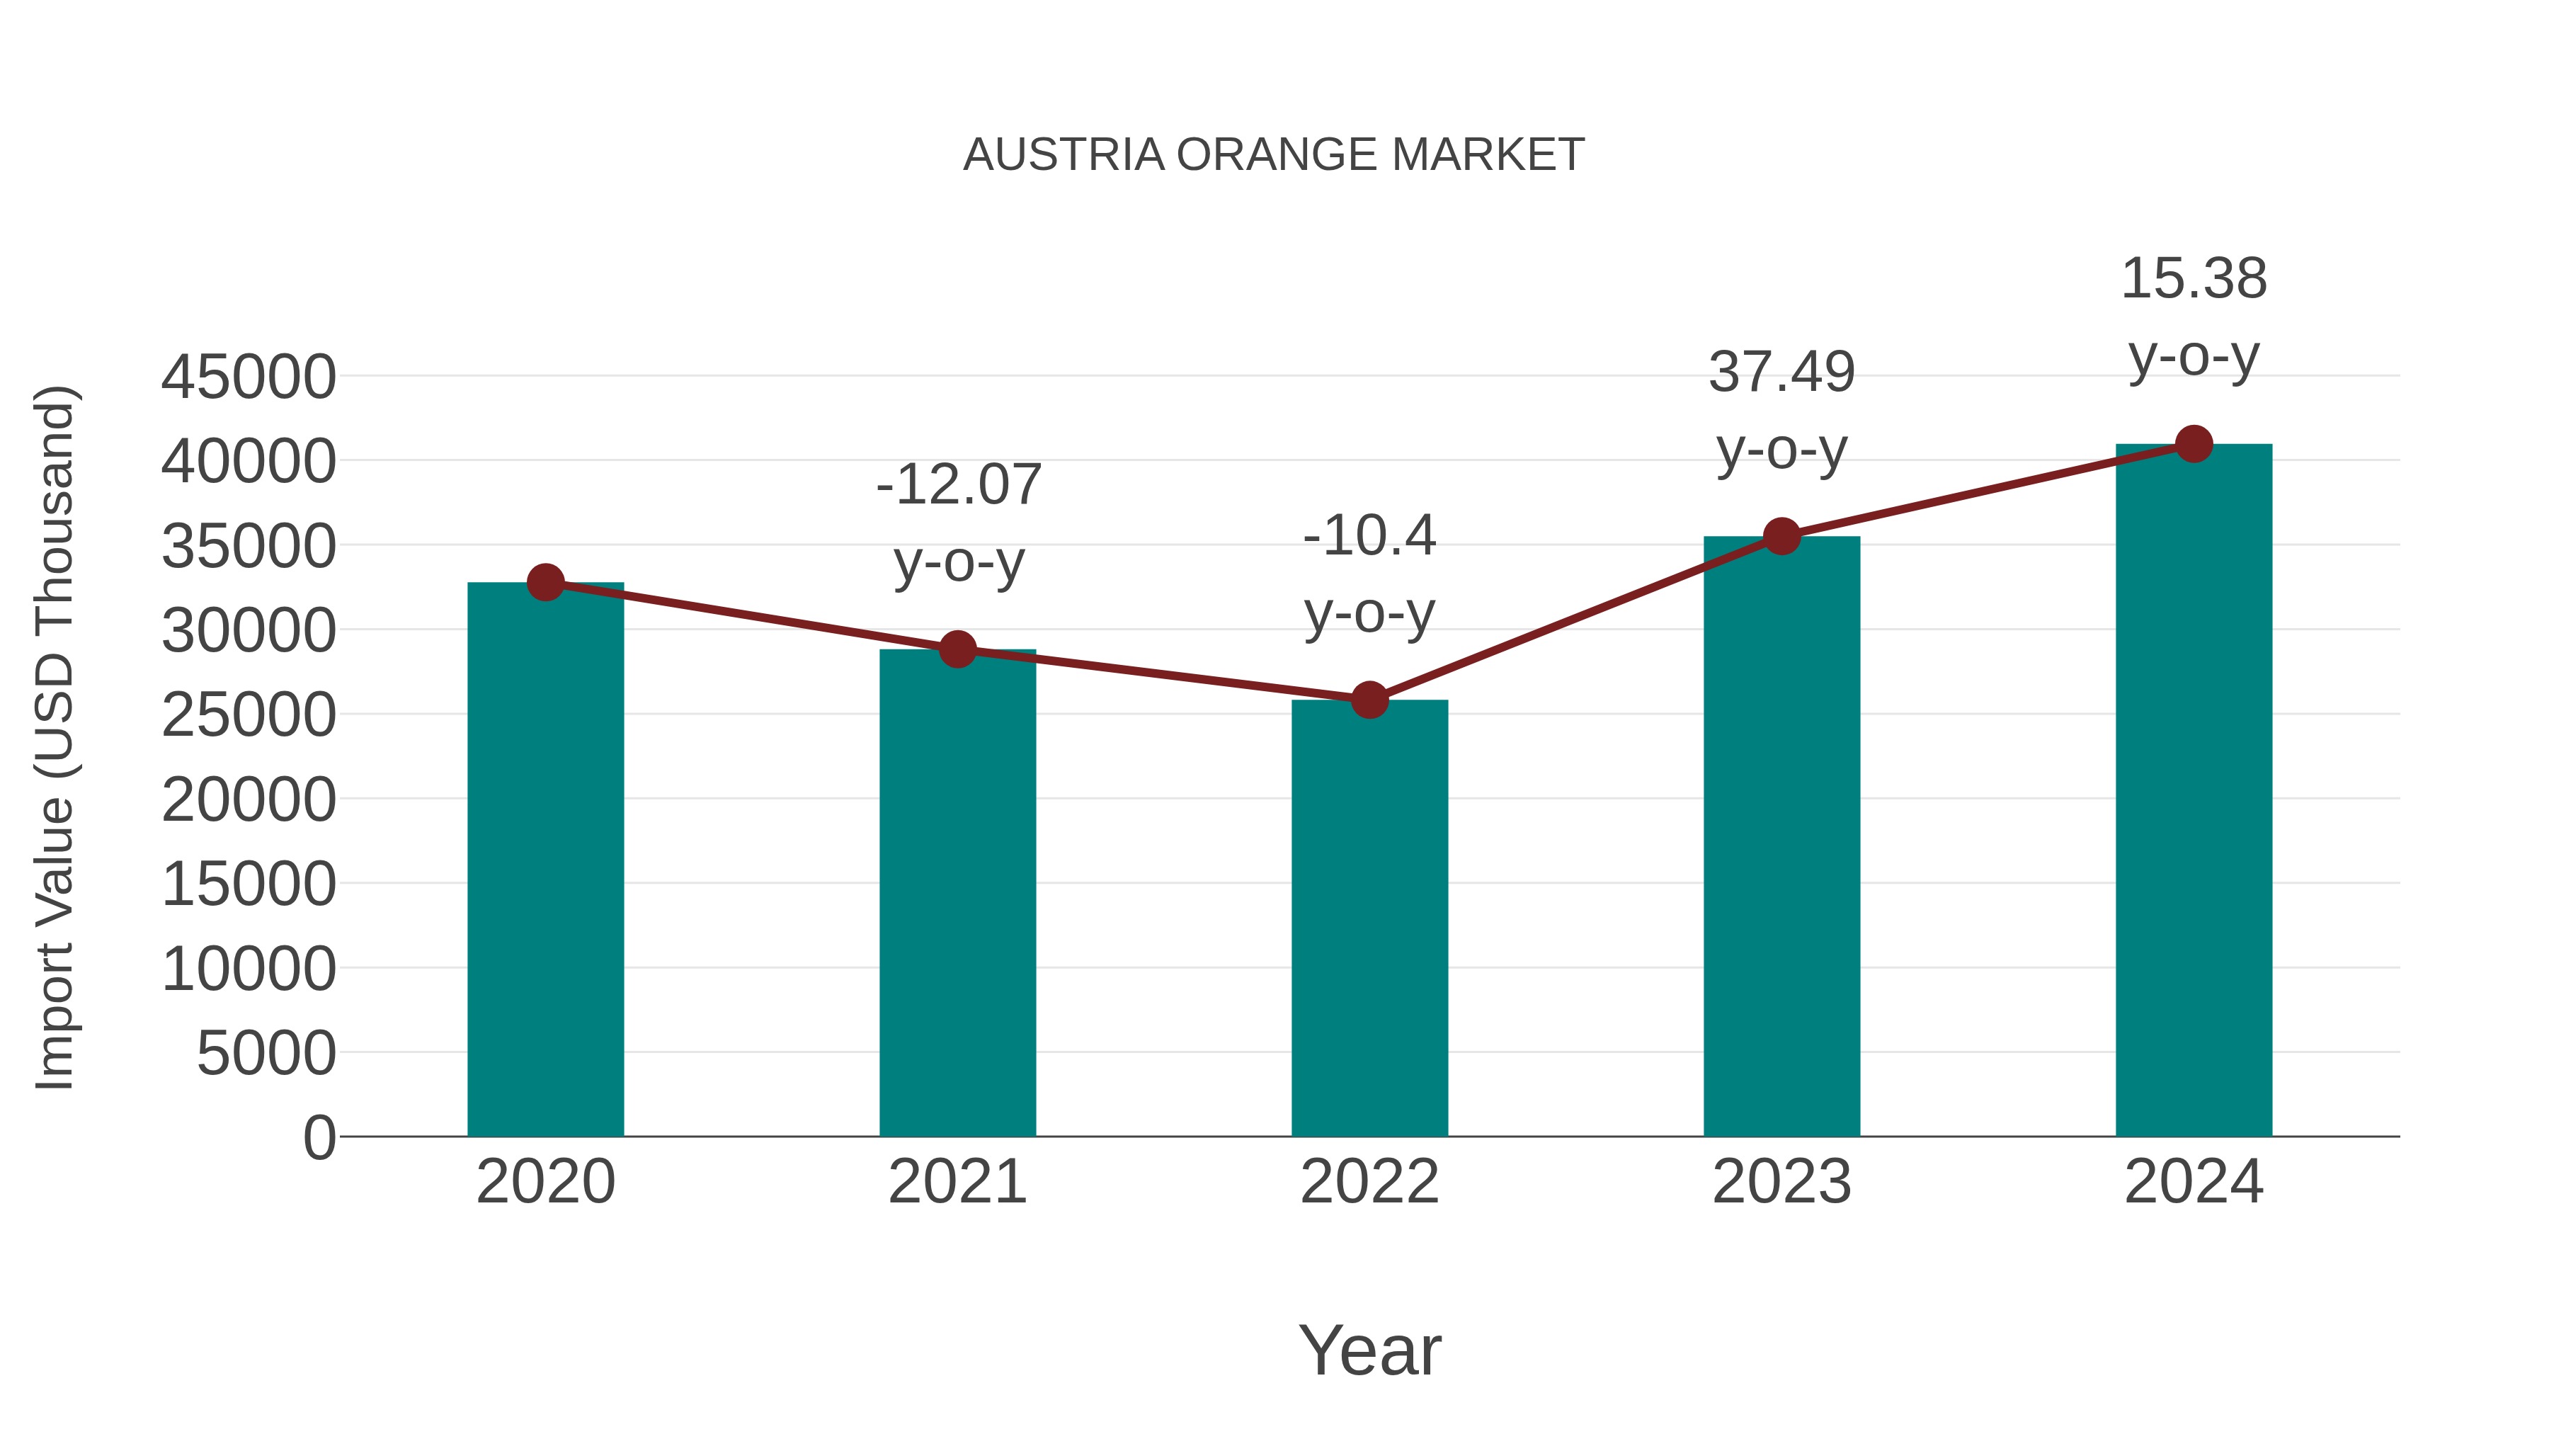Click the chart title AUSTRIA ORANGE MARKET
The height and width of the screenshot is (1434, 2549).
point(1274,155)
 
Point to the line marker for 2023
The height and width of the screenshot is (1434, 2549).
point(1781,536)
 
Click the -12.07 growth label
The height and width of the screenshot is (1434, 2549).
point(958,485)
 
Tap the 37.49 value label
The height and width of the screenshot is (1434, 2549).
point(1781,373)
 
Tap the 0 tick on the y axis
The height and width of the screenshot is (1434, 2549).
point(319,1137)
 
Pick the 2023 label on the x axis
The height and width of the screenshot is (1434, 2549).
point(1781,1182)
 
